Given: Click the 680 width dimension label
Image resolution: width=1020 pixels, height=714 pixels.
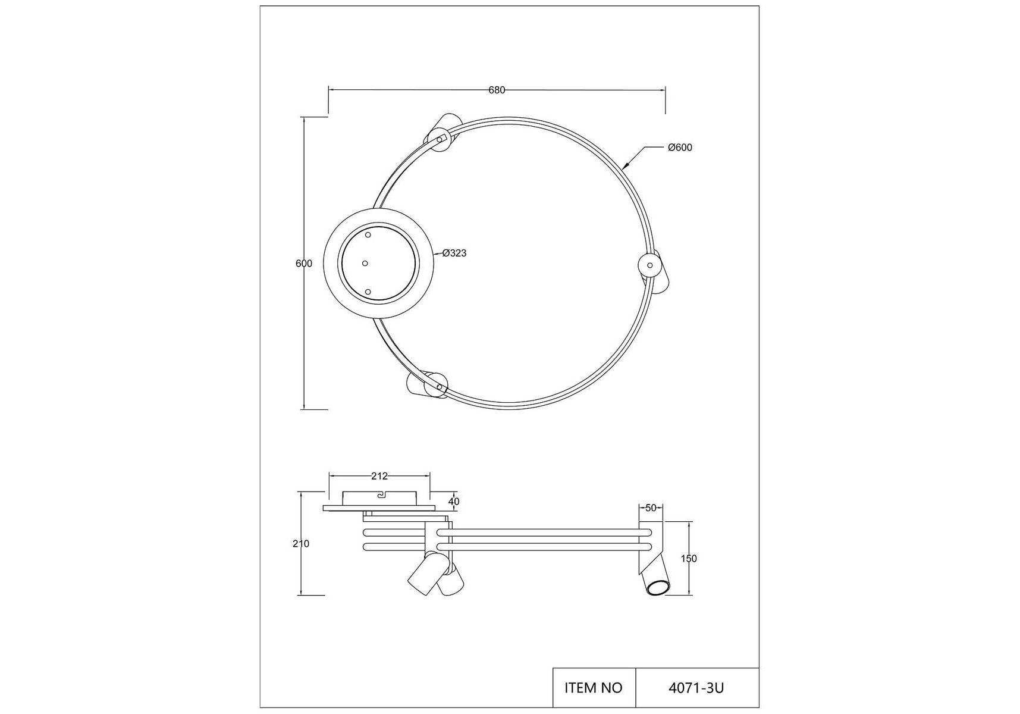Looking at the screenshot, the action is (x=497, y=90).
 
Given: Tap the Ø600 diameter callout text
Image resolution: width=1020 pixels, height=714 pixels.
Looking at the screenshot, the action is (x=680, y=148).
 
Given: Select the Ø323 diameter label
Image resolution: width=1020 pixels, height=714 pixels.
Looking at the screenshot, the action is (x=454, y=253).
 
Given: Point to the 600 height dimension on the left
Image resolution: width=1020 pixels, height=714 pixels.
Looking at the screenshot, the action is (x=304, y=264).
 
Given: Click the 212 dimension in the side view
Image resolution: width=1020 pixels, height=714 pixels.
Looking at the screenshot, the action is (x=379, y=476).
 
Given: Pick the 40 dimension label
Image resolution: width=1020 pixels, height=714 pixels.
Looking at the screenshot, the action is (x=454, y=502).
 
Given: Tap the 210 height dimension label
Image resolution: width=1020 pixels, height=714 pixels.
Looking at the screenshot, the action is (x=301, y=543).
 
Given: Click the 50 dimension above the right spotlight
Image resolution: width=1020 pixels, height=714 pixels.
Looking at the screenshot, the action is (x=651, y=508).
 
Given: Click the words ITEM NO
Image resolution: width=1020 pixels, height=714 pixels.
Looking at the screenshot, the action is (x=593, y=688).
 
